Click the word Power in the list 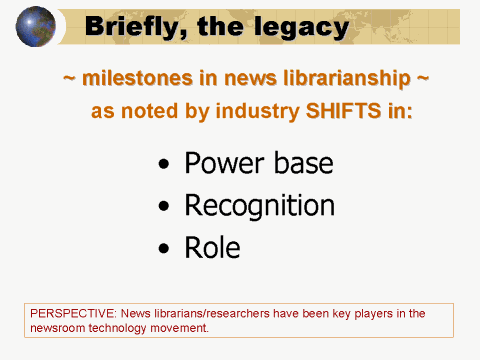[217, 163]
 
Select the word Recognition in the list [259, 206]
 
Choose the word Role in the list [212, 247]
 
